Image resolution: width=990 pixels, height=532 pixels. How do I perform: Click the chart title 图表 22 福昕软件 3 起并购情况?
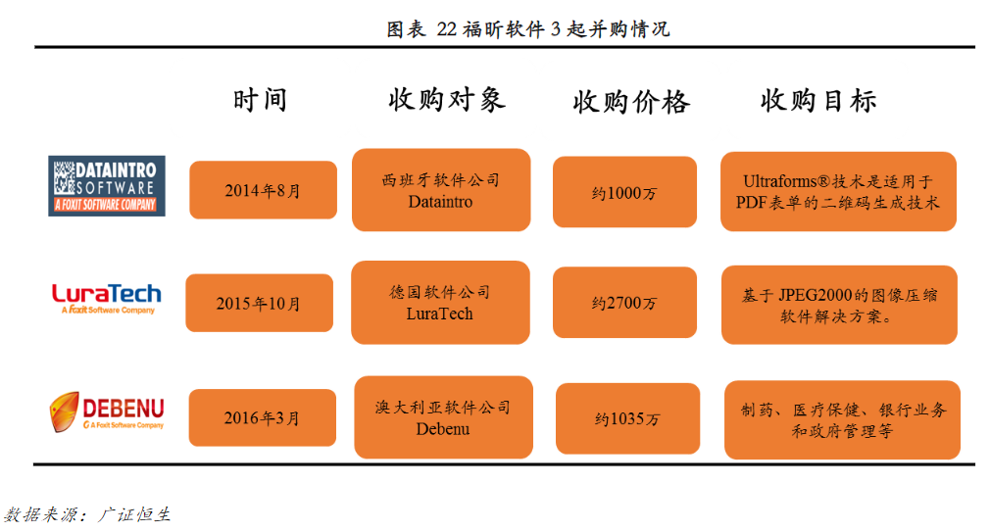pos(527,29)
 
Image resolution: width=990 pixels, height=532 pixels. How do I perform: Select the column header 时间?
pos(260,100)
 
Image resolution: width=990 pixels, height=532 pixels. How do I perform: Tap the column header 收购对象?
pos(446,100)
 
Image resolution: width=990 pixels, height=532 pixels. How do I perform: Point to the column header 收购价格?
pos(630,102)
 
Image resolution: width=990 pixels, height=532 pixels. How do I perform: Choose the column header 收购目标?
pos(818,100)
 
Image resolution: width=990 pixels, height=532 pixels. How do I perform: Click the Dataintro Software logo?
pos(107,186)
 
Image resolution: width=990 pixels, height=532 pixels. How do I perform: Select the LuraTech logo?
pos(107,299)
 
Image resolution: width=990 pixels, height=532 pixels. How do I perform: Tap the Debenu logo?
pos(107,412)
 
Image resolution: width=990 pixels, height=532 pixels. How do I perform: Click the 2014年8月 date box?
pos(264,190)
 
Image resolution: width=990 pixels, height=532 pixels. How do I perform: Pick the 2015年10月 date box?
pos(259,303)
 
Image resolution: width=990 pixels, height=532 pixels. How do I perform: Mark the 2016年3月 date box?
pos(262,417)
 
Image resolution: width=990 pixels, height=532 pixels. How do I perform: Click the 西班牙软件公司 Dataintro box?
pos(441,190)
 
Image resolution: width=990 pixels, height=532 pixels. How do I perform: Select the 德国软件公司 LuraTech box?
pos(440,303)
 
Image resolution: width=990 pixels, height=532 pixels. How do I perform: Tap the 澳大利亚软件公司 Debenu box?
pos(443,417)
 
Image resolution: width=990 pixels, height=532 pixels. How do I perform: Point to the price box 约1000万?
pos(624,192)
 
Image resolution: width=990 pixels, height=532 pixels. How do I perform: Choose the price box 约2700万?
pos(624,303)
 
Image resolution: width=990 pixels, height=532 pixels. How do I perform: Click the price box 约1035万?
pos(627,418)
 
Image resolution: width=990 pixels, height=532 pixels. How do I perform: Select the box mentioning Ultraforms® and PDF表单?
pos(838,191)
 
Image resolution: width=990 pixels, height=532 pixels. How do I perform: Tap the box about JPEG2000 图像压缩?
pos(839,305)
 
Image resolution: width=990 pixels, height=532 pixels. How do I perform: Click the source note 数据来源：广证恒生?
pos(87,514)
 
